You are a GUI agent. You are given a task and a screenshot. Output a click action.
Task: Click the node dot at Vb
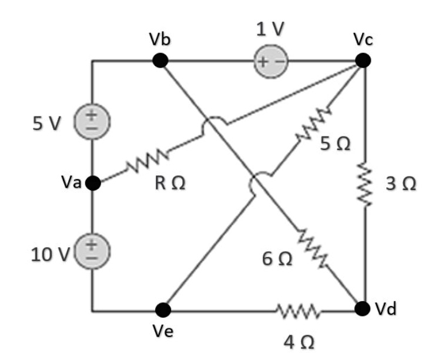(160, 60)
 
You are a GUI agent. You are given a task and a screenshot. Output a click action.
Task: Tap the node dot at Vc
(363, 60)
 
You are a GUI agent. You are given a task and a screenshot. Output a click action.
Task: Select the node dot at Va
(92, 184)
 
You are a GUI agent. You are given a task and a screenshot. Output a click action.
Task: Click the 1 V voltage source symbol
(271, 61)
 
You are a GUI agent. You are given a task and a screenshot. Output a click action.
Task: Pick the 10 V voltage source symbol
(92, 248)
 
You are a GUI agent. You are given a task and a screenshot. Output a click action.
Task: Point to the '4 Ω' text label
(300, 342)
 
